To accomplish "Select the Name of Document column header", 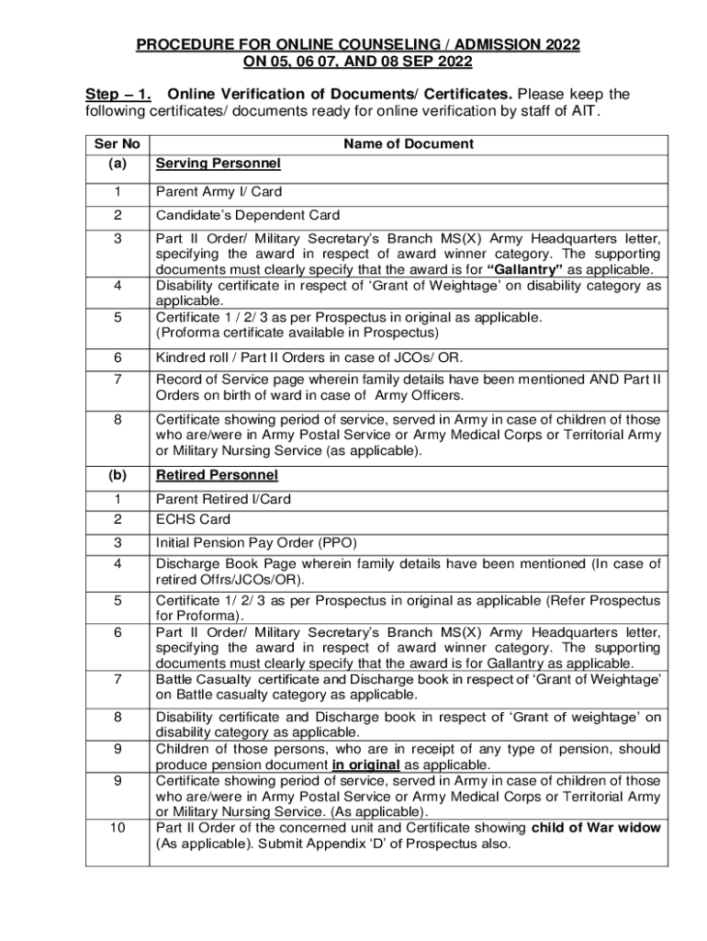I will pos(409,143).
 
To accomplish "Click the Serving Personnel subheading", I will pos(218,164).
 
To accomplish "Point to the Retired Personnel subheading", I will pos(217,475).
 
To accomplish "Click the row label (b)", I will pos(118,475).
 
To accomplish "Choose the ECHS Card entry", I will pos(193,519).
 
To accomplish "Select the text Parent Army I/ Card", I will pos(219,192).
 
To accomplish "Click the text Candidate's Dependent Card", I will pos(248,216).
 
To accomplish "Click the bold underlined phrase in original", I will pos(366,765).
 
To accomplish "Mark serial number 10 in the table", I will pos(118,827).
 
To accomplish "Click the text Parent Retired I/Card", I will pos(223,499).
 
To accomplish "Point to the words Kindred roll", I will pos(191,357).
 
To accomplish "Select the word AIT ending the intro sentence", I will pos(584,112).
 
